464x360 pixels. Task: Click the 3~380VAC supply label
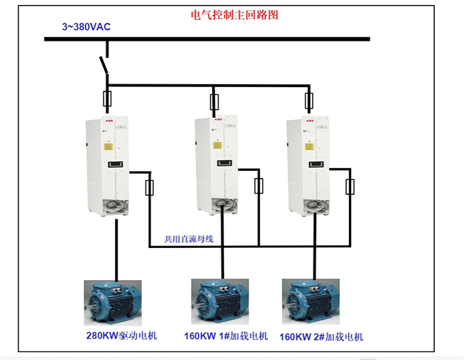coord(86,26)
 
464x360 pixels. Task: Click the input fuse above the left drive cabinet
coord(107,99)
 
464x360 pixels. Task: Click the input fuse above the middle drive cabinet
coord(213,101)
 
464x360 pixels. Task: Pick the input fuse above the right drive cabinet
coord(309,100)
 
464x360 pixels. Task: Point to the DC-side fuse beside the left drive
coord(149,188)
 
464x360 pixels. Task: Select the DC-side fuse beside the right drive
coord(350,186)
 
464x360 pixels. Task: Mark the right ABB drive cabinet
coord(308,166)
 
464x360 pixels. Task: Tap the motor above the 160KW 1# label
coord(218,301)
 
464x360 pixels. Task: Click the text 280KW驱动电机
coord(121,335)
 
